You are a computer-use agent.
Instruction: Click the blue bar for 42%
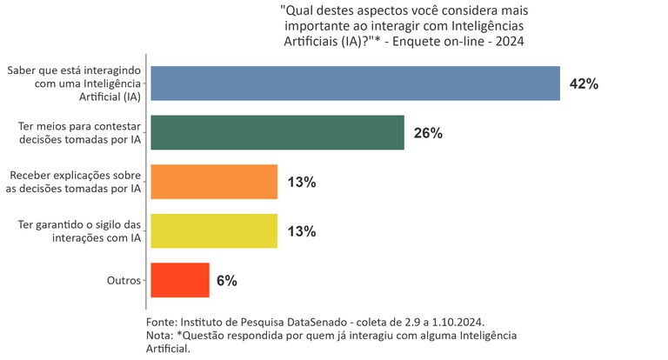(x=355, y=83)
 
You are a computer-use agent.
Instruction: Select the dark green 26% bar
(x=277, y=133)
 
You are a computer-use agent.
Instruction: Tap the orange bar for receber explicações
(x=214, y=182)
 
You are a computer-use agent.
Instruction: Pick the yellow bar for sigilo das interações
(x=214, y=231)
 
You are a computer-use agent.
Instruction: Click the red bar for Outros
(x=180, y=280)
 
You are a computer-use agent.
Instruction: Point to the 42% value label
(x=584, y=84)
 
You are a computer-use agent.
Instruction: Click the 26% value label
(x=428, y=133)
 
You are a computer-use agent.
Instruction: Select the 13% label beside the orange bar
(x=301, y=183)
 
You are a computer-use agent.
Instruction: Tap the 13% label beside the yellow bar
(x=301, y=231)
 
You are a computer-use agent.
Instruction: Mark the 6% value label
(x=227, y=281)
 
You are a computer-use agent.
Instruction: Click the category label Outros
(x=124, y=281)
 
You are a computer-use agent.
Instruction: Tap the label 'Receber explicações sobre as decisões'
(x=74, y=182)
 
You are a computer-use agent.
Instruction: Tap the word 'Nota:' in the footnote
(x=160, y=335)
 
